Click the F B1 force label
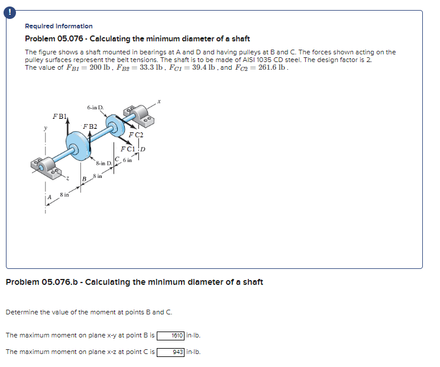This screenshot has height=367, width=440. (x=59, y=115)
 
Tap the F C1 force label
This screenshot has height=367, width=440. (x=128, y=148)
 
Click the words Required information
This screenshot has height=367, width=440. (x=59, y=26)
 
